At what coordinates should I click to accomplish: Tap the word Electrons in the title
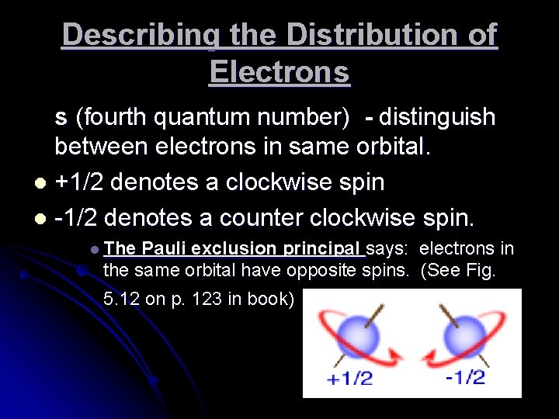[279, 72]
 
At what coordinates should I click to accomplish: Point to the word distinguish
[436, 117]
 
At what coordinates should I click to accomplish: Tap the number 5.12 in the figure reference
[121, 300]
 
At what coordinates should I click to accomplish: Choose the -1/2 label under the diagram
[466, 378]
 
